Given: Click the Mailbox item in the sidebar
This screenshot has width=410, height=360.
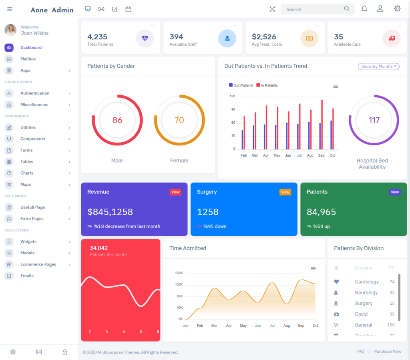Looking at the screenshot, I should coord(28,59).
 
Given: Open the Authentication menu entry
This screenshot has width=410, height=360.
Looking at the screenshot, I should coord(35,93).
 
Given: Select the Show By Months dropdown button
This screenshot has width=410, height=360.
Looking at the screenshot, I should coord(378,66).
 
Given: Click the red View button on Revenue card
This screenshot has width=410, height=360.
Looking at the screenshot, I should coord(175,192).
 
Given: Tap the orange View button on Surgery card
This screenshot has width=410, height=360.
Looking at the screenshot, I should coord(285,192).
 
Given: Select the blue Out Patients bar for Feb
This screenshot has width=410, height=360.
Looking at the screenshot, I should coord(242,139).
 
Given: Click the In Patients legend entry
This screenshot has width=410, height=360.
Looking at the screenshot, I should coord(269,85).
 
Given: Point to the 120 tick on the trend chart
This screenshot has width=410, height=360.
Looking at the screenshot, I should coord(233,96).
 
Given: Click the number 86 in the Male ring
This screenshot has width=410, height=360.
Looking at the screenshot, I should coord(117,120).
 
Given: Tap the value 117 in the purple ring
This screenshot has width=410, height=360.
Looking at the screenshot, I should coord(374,120).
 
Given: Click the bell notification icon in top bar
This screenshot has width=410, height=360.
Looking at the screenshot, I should coord(364,9).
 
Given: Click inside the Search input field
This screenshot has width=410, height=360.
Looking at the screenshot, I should coord(312,9).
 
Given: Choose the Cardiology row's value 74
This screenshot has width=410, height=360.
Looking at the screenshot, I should coord(392,282).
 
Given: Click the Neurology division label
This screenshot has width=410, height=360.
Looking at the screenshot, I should coord(366,293).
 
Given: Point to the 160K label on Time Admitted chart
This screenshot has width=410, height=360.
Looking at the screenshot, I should coord(179,273).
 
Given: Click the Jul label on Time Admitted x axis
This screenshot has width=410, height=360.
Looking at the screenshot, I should coord(272,326).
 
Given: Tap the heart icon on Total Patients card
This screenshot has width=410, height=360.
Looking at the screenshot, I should coord(145,38).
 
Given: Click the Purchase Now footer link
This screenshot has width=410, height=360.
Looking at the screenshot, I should coord(388,352).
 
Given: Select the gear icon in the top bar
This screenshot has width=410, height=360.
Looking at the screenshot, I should coord(397,8).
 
